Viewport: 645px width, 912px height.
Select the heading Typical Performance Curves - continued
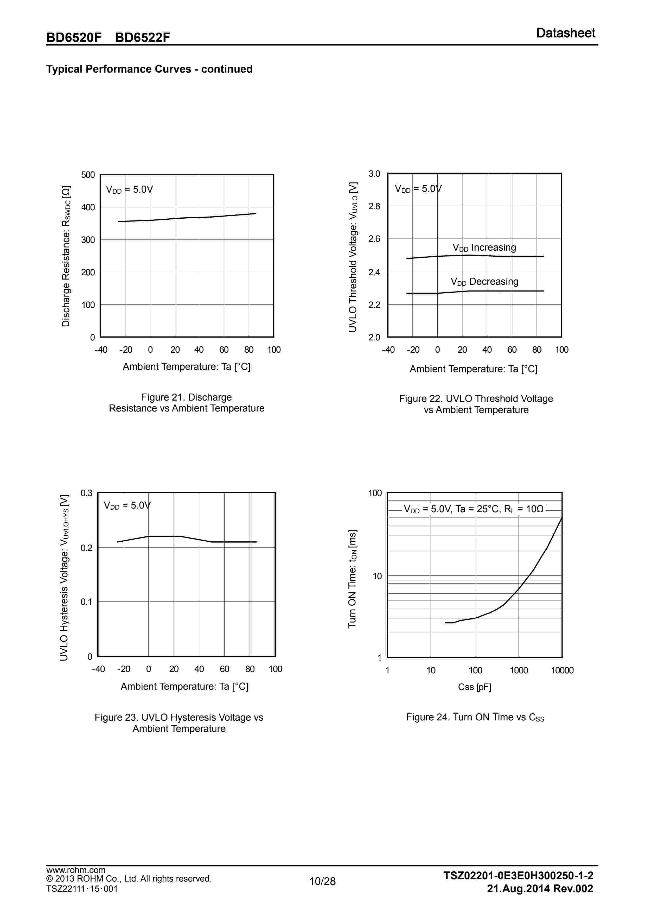[x=149, y=69]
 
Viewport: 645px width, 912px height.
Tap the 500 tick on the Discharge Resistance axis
[x=88, y=175]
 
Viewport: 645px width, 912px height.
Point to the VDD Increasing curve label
[x=484, y=248]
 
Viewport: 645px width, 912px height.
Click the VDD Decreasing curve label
[x=484, y=282]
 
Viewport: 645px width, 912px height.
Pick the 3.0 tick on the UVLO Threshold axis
[x=374, y=174]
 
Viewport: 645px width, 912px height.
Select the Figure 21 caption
[x=187, y=403]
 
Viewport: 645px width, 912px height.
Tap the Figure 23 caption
[x=179, y=723]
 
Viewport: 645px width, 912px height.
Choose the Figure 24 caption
[x=475, y=717]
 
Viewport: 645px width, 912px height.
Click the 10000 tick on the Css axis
[x=562, y=670]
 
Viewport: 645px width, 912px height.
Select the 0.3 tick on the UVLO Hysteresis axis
[x=87, y=493]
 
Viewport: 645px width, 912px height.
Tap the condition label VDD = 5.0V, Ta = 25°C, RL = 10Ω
[x=474, y=509]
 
